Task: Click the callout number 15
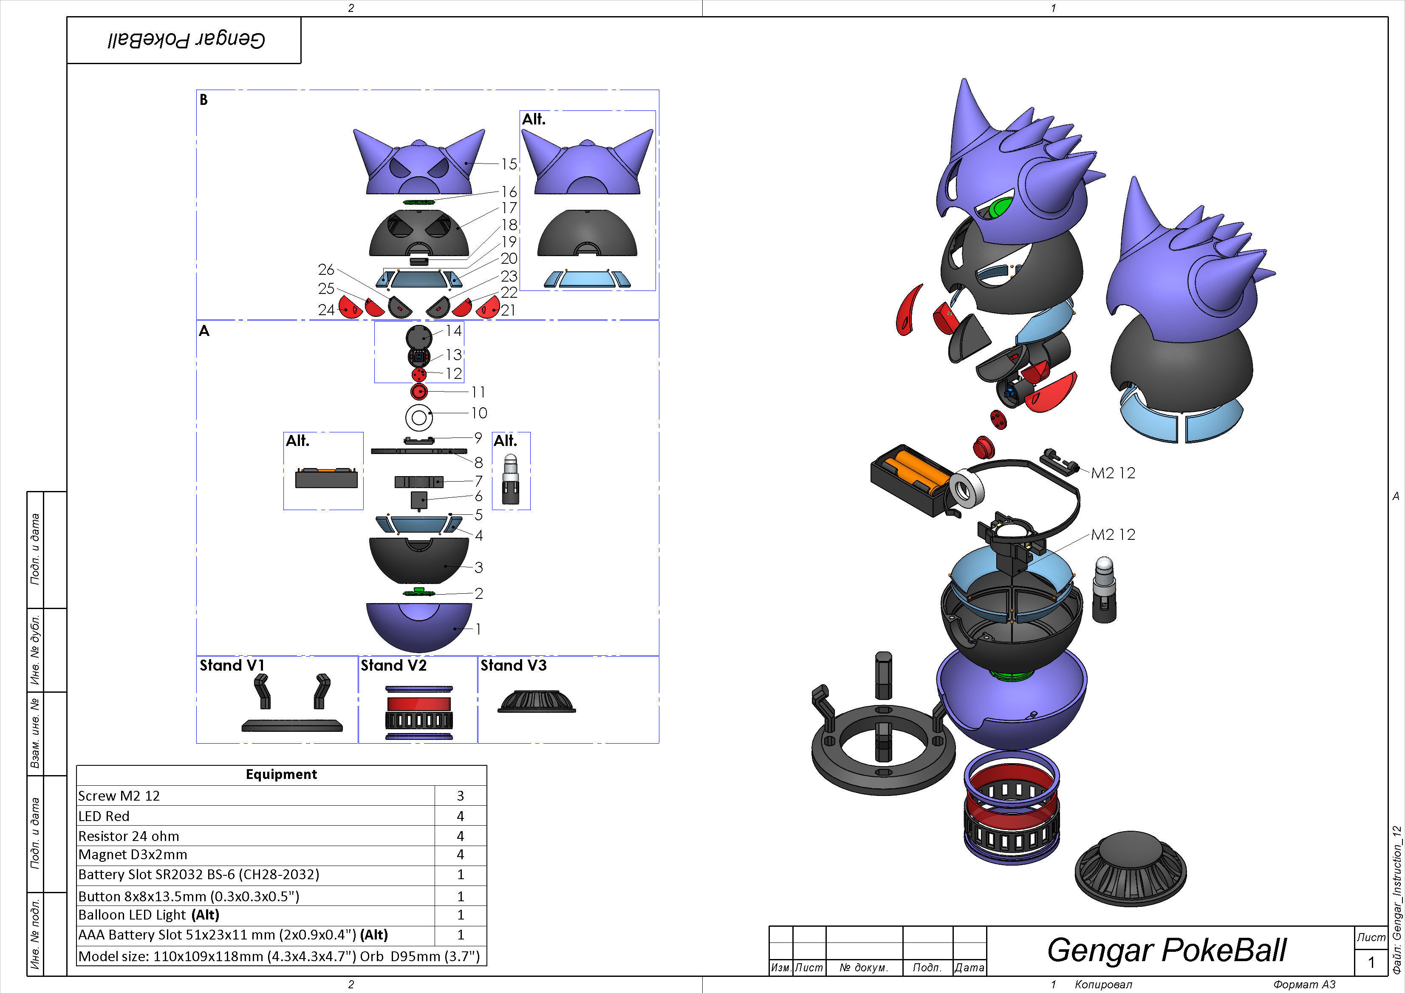pos(509,164)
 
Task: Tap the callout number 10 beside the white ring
pos(478,413)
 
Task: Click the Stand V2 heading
pos(393,666)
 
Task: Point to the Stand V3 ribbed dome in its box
pos(537,702)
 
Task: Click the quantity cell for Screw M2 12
pos(460,796)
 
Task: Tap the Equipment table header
pos(281,775)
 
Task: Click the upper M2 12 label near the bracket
pos(1113,473)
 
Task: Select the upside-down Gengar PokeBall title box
pos(184,40)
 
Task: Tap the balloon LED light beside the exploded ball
pos(1105,589)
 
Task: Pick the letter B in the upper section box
pos(204,100)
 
